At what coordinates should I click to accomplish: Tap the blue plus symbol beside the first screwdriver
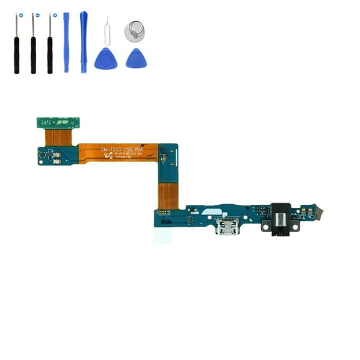pyautogui.click(x=21, y=14)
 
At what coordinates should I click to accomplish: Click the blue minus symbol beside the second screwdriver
pyautogui.click(x=37, y=14)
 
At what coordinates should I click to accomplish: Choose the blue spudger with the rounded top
pyautogui.click(x=83, y=41)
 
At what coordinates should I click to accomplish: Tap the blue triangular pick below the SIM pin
pyautogui.click(x=104, y=59)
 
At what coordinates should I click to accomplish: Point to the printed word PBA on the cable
pyautogui.click(x=138, y=149)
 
